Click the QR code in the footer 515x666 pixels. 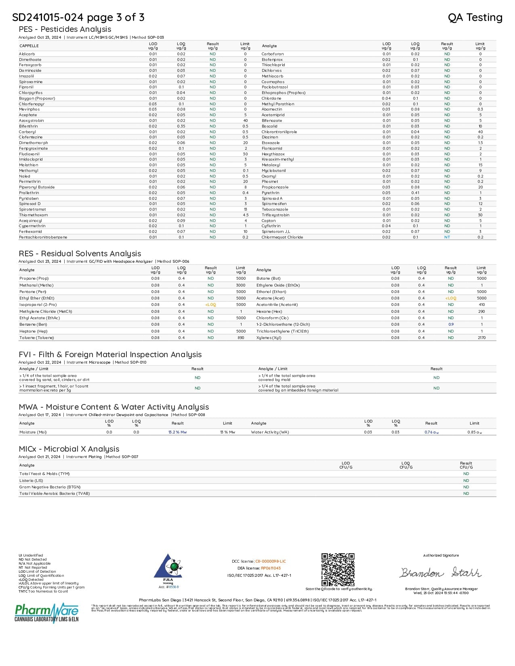(x=338, y=570)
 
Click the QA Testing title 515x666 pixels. (x=475, y=17)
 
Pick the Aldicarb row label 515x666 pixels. (x=27, y=54)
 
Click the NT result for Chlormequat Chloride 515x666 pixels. (x=447, y=237)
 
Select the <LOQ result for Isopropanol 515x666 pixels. (x=210, y=305)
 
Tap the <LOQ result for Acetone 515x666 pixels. (x=451, y=298)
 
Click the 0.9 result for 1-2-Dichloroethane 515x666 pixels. (x=451, y=325)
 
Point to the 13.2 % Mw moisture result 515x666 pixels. (x=177, y=432)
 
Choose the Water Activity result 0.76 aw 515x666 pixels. (x=431, y=432)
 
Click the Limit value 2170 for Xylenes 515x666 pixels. (x=481, y=338)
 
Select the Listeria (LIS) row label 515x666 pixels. (x=31, y=481)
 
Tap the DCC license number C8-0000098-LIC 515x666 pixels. (x=270, y=561)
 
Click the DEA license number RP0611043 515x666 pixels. (x=271, y=568)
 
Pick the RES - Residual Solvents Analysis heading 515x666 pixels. (x=80, y=253)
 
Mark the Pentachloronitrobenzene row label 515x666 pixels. (x=43, y=237)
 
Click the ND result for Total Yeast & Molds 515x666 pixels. (x=466, y=474)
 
